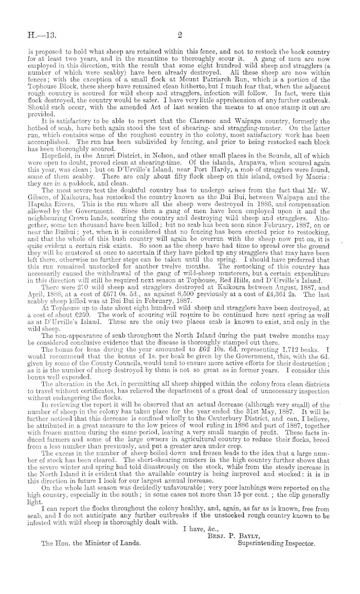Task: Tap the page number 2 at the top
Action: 181,35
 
